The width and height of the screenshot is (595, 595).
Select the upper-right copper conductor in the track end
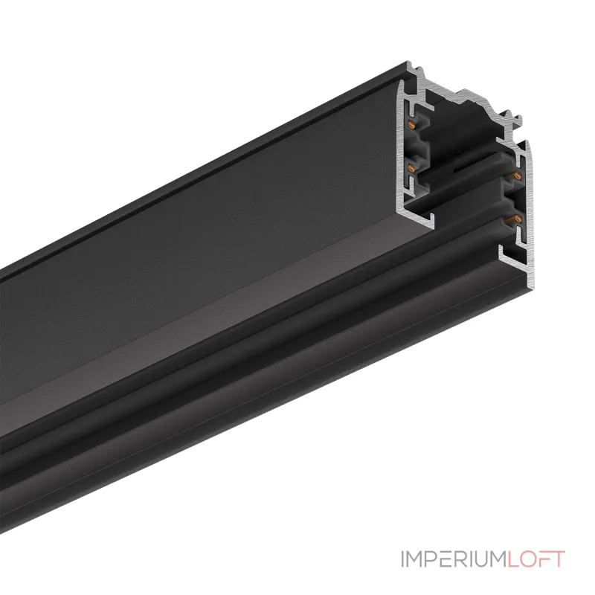pyautogui.click(x=512, y=175)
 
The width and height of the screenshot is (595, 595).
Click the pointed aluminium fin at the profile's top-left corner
pyautogui.click(x=410, y=68)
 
